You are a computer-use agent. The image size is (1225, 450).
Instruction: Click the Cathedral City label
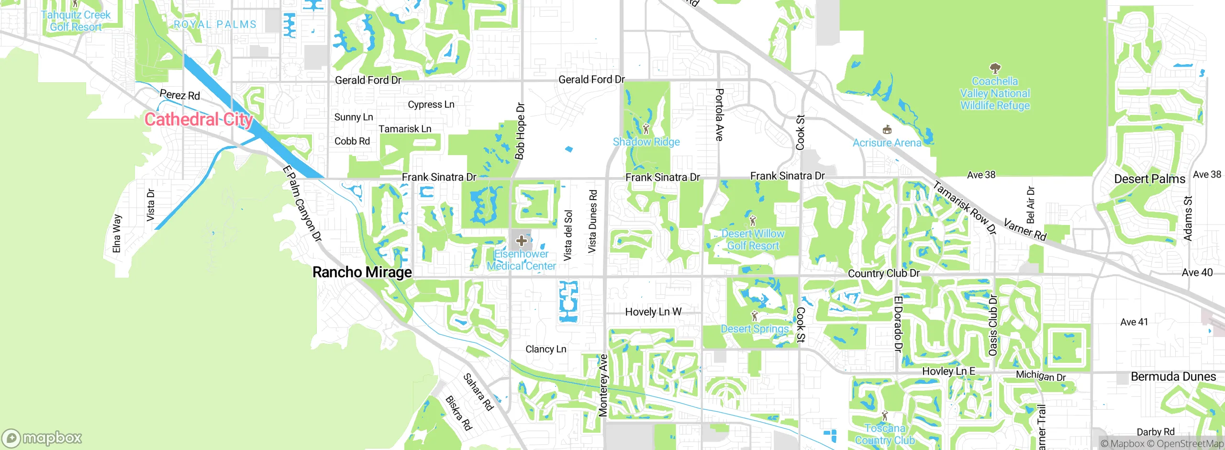pyautogui.click(x=199, y=119)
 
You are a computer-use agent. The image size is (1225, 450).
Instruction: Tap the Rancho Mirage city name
pyautogui.click(x=362, y=272)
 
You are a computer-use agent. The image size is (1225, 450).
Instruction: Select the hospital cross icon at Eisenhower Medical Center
pyautogui.click(x=522, y=240)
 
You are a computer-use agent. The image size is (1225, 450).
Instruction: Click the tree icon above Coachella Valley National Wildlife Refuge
pyautogui.click(x=995, y=68)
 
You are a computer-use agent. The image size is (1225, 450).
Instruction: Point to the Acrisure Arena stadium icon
pyautogui.click(x=887, y=130)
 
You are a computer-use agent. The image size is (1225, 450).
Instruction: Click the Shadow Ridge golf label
pyautogui.click(x=646, y=142)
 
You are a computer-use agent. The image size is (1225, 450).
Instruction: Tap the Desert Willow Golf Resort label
pyautogui.click(x=753, y=239)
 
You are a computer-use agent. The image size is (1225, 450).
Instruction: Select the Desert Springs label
pyautogui.click(x=755, y=329)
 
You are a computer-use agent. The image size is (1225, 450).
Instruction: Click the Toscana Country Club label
pyautogui.click(x=884, y=434)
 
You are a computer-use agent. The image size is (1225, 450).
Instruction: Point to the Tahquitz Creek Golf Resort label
pyautogui.click(x=76, y=21)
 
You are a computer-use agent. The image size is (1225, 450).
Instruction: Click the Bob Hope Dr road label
pyautogui.click(x=520, y=131)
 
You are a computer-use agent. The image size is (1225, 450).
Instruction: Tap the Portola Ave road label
pyautogui.click(x=719, y=115)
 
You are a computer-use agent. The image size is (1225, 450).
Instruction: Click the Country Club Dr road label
pyautogui.click(x=883, y=273)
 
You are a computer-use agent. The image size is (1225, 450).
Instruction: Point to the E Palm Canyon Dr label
pyautogui.click(x=302, y=203)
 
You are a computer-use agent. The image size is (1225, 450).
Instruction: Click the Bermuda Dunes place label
pyautogui.click(x=1173, y=377)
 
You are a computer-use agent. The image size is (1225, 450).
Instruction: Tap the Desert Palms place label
pyautogui.click(x=1149, y=179)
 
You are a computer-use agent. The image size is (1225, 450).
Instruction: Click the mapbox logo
pyautogui.click(x=42, y=438)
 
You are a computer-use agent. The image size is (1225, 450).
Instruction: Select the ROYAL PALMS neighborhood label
pyautogui.click(x=215, y=24)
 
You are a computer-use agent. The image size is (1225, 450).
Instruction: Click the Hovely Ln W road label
pyautogui.click(x=653, y=312)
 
